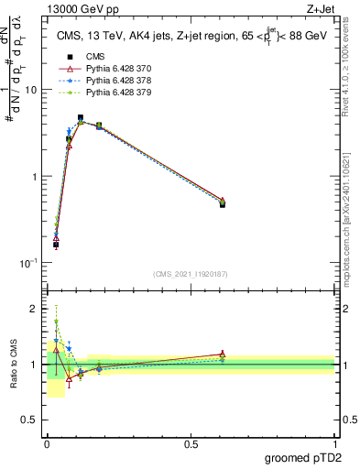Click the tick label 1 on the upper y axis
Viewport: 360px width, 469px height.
click(35, 176)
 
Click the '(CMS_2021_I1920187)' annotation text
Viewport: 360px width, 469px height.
click(191, 273)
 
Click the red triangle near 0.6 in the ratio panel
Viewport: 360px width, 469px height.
click(223, 354)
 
